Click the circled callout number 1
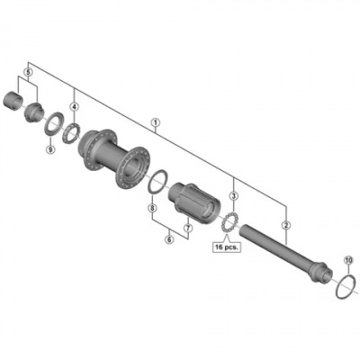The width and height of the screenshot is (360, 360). coord(156,122)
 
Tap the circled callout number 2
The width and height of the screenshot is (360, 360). coord(286,224)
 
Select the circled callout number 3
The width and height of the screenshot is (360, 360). coord(233,196)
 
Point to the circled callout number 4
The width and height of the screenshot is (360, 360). coord(74,106)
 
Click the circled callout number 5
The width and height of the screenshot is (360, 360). coord(28,72)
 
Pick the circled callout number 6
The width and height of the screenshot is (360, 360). coord(169,239)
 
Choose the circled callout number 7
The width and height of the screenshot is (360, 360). coord(188,228)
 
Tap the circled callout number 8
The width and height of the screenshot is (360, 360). coord(152,207)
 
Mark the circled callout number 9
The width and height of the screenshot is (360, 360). coord(50,148)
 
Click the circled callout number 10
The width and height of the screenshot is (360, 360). coord(347,260)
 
